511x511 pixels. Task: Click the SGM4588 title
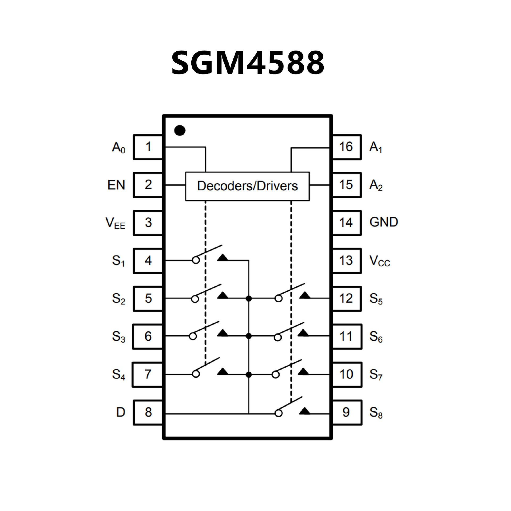tap(248, 63)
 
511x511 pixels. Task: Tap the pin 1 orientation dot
tap(180, 130)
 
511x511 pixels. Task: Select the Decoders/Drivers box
tap(247, 186)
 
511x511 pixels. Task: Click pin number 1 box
tap(148, 147)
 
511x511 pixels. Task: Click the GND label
tap(384, 222)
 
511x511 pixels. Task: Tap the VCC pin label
tap(380, 261)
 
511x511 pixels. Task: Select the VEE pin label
tap(115, 223)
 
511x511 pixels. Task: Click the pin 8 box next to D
tap(148, 412)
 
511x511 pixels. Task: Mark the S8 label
tap(376, 413)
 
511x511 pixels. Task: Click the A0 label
tap(118, 148)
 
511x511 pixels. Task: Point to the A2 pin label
tap(376, 186)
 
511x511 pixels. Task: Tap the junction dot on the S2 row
tap(249, 299)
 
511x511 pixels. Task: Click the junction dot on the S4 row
tap(249, 375)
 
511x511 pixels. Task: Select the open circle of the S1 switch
tap(196, 261)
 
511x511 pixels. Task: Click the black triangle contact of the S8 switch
tap(304, 411)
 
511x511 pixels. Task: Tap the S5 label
tap(376, 299)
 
